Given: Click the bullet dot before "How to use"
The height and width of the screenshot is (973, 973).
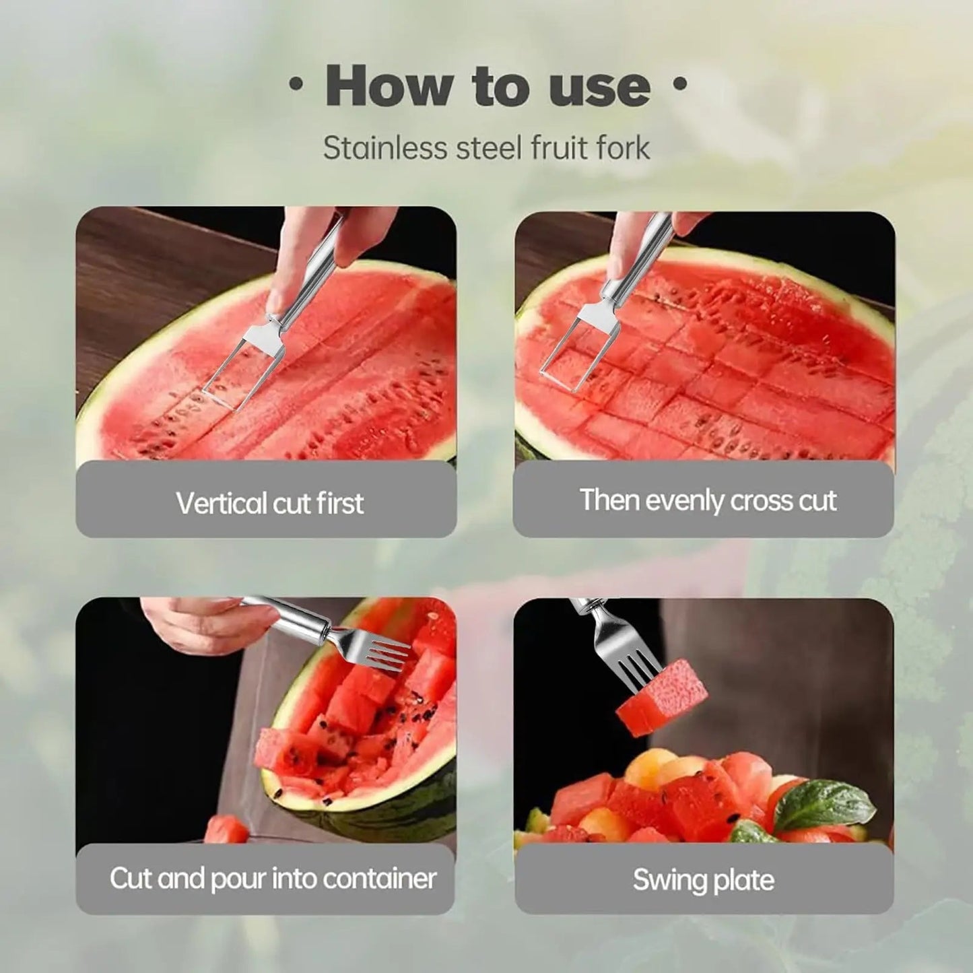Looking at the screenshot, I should pyautogui.click(x=294, y=85).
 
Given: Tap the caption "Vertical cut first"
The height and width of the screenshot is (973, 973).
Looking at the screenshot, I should pyautogui.click(x=269, y=503).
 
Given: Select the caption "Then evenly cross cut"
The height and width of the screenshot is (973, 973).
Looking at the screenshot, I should pyautogui.click(x=708, y=500).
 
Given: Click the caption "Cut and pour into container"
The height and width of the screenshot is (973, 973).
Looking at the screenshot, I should pyautogui.click(x=273, y=878).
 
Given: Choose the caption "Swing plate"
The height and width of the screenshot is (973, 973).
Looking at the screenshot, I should pyautogui.click(x=703, y=880).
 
